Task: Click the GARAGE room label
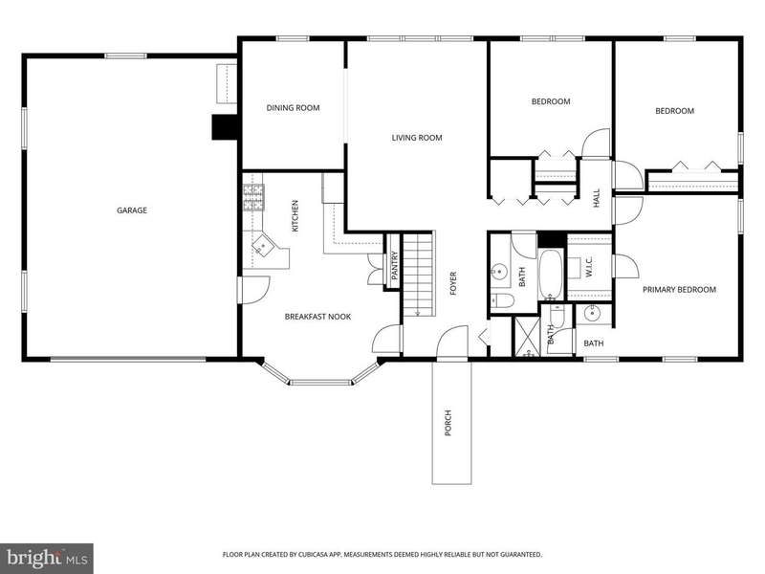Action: pyautogui.click(x=132, y=210)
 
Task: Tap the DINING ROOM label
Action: pyautogui.click(x=293, y=108)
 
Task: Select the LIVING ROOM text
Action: pyautogui.click(x=417, y=138)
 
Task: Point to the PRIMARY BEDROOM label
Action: pyautogui.click(x=679, y=290)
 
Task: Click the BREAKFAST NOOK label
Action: pyautogui.click(x=317, y=317)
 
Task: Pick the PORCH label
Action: pyautogui.click(x=448, y=423)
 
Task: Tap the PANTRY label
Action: pyautogui.click(x=395, y=266)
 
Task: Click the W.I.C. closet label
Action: pyautogui.click(x=588, y=268)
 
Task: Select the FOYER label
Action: pyautogui.click(x=452, y=283)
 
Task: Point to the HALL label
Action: pyautogui.click(x=596, y=198)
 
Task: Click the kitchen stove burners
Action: pyautogui.click(x=253, y=198)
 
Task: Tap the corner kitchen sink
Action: pyautogui.click(x=264, y=245)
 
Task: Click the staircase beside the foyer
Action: pyautogui.click(x=418, y=275)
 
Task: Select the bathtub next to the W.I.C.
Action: pyautogui.click(x=552, y=275)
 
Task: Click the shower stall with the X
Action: pyautogui.click(x=527, y=337)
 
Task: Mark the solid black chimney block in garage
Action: pyautogui.click(x=225, y=127)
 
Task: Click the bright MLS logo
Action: pyautogui.click(x=47, y=558)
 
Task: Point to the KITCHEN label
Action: pyautogui.click(x=295, y=216)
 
